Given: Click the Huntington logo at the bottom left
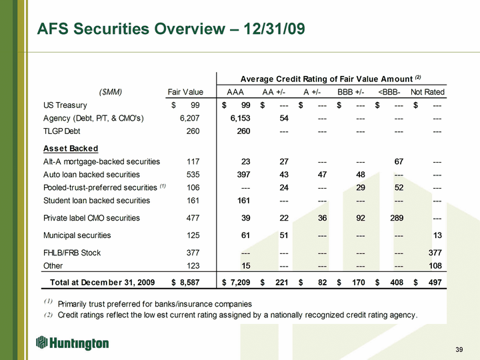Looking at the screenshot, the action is pyautogui.click(x=72, y=343).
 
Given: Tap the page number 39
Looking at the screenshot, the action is pyautogui.click(x=459, y=349).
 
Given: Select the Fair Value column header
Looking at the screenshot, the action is pyautogui.click(x=185, y=92).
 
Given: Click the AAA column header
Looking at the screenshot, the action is pyautogui.click(x=235, y=92).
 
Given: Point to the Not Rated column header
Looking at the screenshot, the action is pyautogui.click(x=427, y=92).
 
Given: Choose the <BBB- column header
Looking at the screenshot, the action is pyautogui.click(x=389, y=92).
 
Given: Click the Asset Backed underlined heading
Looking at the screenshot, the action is pyautogui.click(x=71, y=149).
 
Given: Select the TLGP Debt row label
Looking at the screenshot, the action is pyautogui.click(x=61, y=131).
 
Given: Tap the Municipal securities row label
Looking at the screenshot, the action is pyautogui.click(x=77, y=235).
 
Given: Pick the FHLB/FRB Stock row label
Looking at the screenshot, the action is pyautogui.click(x=72, y=253).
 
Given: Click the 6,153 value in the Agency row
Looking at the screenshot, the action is pyautogui.click(x=240, y=118).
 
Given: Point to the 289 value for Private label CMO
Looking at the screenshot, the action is pyautogui.click(x=397, y=218).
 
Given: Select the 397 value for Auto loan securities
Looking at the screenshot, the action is pyautogui.click(x=243, y=175).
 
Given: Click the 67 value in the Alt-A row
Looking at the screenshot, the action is pyautogui.click(x=399, y=161).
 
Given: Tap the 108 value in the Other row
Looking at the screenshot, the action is pyautogui.click(x=435, y=266).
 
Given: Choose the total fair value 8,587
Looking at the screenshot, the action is pyautogui.click(x=189, y=283).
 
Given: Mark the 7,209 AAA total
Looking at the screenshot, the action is pyautogui.click(x=240, y=283).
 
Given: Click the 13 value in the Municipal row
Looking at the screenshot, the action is pyautogui.click(x=437, y=235).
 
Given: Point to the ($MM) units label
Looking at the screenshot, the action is pyautogui.click(x=111, y=92).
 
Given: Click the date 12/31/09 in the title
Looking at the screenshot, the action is pyautogui.click(x=274, y=29).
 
